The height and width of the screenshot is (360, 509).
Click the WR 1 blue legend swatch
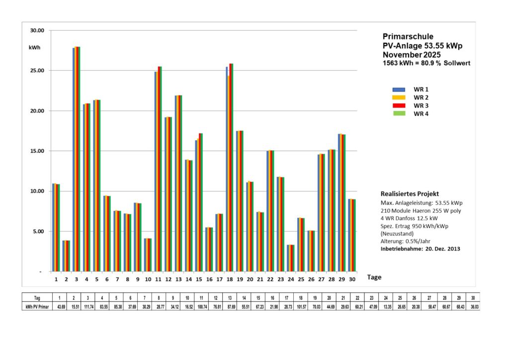tap(399, 89)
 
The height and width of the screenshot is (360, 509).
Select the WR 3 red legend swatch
tap(399, 105)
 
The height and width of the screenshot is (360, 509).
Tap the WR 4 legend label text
tap(421, 113)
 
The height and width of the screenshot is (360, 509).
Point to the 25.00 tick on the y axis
tap(38, 71)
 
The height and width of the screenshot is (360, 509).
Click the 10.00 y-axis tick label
tap(38, 191)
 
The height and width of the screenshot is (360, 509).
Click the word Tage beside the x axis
tap(374, 277)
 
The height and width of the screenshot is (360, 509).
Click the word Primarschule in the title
tap(408, 36)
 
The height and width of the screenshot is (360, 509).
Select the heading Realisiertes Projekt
tap(410, 193)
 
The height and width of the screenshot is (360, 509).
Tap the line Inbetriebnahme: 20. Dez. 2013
tap(420, 249)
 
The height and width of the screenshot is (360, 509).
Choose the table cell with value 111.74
tap(88, 307)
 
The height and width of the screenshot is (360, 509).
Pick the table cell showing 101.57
tap(302, 307)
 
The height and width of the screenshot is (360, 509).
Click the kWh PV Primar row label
tap(37, 307)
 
